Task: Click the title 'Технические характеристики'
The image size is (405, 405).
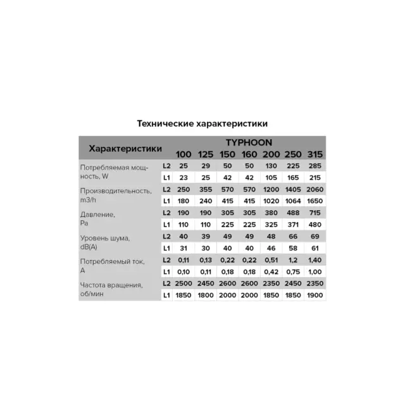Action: coord(202,123)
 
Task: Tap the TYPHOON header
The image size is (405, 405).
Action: coord(249,142)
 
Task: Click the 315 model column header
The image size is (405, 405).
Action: coord(315,154)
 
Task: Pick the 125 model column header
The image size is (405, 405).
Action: coord(206,154)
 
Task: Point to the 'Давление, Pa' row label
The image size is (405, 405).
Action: coord(98,219)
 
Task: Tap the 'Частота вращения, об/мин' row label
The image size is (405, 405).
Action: coord(111,289)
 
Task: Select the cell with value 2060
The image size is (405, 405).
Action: coord(315,189)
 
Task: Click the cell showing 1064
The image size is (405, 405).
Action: coord(293,201)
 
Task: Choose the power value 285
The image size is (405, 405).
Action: coord(315,166)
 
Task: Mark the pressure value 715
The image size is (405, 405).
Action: coord(315,213)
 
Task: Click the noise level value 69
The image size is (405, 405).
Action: coord(315,236)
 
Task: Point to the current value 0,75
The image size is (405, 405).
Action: coord(293,271)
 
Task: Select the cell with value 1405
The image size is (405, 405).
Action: coord(293,189)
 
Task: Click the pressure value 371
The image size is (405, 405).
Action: coord(293,224)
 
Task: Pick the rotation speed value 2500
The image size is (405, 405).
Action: coord(184,283)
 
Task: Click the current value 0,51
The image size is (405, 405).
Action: coord(271,259)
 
